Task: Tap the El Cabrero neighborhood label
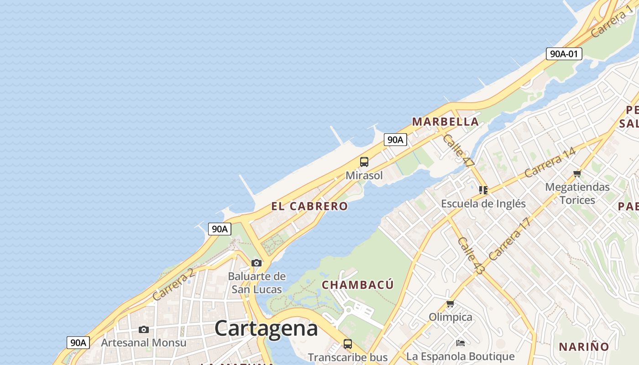[309, 206]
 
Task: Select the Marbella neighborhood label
[445, 122]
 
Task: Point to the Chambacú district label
[358, 285]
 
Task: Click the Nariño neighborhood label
[584, 347]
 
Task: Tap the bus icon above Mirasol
[364, 162]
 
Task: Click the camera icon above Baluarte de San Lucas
[257, 263]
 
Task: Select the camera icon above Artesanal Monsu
[144, 329]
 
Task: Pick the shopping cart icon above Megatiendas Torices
[577, 173]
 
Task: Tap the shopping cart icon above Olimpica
[450, 303]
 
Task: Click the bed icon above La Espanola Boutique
[461, 343]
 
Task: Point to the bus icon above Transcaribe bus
[348, 344]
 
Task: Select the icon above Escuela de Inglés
[483, 190]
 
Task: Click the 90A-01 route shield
[564, 54]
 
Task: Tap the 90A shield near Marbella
[395, 140]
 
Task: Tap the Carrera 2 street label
[173, 285]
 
